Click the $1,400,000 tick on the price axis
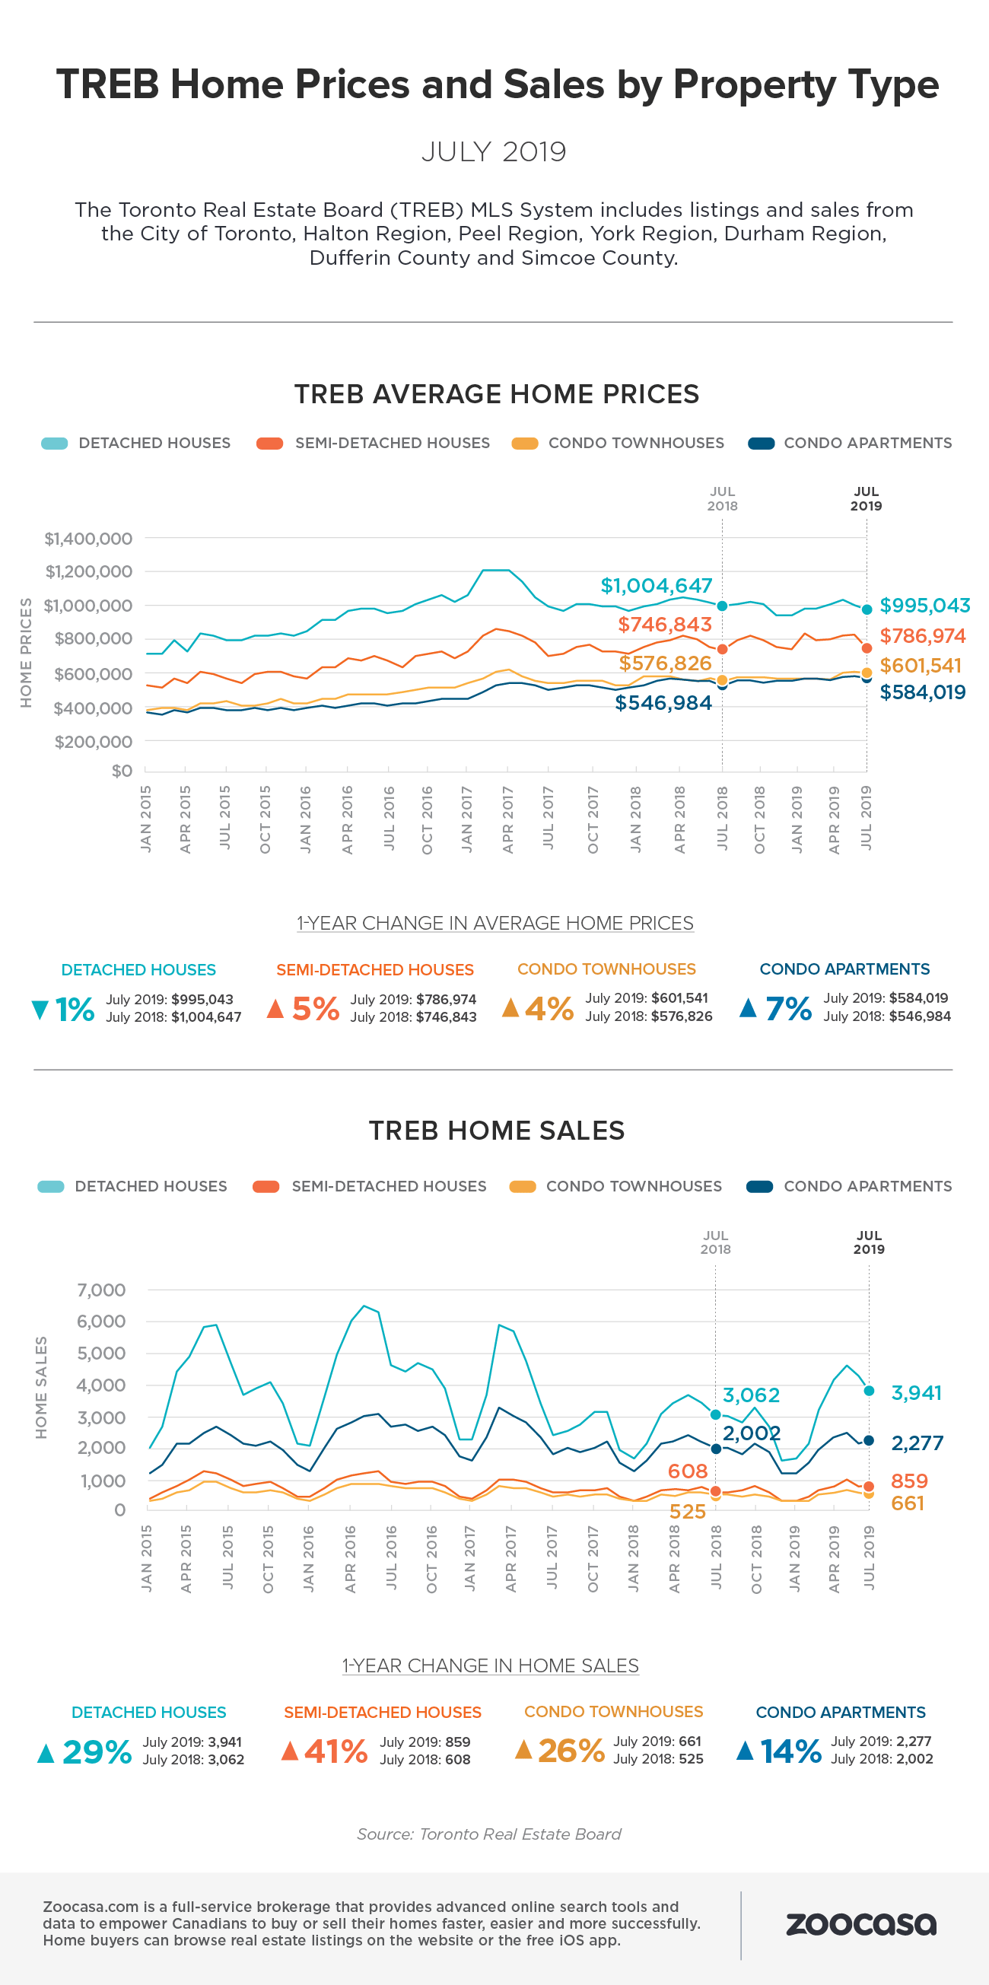point(87,539)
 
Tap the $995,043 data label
point(924,606)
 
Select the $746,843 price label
point(665,624)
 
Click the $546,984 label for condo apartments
point(663,703)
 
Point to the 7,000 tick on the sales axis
point(101,1290)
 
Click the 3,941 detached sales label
point(916,1392)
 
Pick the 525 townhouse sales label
point(687,1511)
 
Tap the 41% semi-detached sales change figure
point(335,1751)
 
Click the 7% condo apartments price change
point(789,1009)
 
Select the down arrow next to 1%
point(40,1010)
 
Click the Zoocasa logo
point(860,1923)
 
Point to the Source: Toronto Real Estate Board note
point(489,1834)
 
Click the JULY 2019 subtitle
point(494,152)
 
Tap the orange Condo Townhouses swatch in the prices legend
point(524,443)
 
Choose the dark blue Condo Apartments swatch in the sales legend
point(759,1186)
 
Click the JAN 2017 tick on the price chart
point(467,819)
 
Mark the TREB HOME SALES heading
point(497,1131)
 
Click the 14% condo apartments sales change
point(791,1751)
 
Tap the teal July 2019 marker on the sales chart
point(869,1391)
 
